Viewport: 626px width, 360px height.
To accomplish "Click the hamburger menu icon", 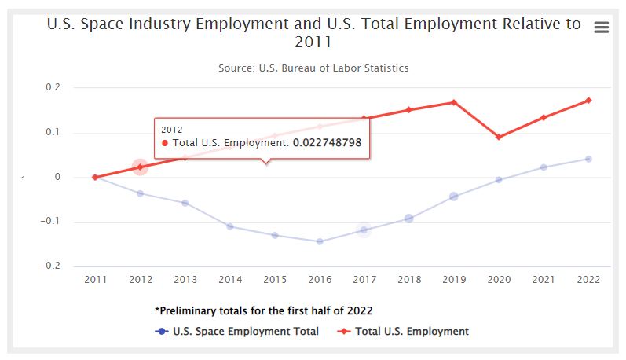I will pos(602,28).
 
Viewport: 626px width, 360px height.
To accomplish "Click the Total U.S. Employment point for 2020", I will pos(499,137).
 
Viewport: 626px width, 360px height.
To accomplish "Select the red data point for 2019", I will pos(453,102).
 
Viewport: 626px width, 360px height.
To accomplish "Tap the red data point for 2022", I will pos(588,100).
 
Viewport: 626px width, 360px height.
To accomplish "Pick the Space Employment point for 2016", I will pos(320,241).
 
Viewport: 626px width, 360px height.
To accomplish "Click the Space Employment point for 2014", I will pos(230,226).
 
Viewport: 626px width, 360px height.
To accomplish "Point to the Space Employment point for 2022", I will pos(588,159).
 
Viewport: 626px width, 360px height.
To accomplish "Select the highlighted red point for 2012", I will pos(140,167).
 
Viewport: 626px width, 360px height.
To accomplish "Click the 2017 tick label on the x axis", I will pos(364,280).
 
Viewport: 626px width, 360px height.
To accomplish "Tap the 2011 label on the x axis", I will pos(95,280).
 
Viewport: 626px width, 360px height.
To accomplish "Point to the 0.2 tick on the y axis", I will pos(53,87).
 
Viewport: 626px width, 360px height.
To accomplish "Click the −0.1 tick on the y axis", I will pos(49,222).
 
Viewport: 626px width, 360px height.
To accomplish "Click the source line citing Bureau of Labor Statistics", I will pos(313,68).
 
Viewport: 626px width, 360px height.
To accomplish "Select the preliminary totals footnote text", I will pos(263,310).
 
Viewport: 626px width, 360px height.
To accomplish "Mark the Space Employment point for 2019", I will pos(453,197).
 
